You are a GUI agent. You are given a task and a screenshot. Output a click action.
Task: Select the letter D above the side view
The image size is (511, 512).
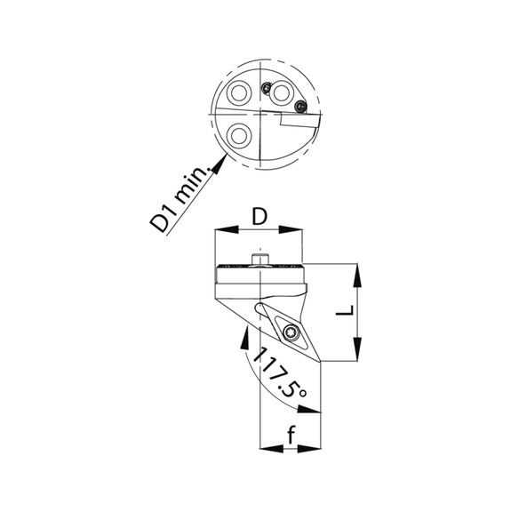pos(259,217)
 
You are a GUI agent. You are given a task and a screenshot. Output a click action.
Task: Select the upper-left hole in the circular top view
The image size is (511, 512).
pos(238,94)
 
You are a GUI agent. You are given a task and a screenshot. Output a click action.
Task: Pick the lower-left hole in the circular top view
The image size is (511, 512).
pos(238,136)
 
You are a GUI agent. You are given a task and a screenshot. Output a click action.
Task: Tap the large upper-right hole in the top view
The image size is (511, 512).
pos(283,92)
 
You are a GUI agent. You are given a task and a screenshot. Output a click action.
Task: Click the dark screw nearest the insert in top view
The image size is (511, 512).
pos(299,108)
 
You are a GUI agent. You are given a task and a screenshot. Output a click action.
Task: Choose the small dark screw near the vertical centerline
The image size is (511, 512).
pos(266,86)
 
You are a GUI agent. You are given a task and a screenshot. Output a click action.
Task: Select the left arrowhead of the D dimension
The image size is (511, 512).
pos(220,230)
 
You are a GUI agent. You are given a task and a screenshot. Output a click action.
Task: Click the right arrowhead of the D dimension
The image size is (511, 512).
pos(299,230)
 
